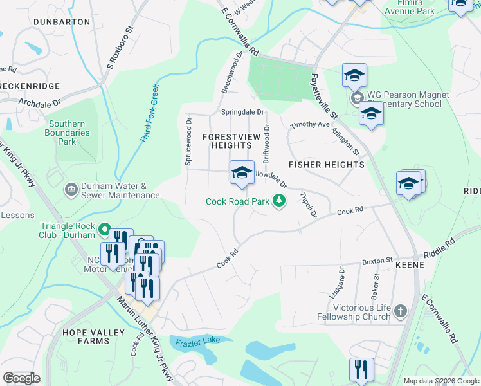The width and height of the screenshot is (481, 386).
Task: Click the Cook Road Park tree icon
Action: click(279, 201)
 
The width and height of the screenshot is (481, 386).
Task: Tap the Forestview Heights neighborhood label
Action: click(227, 141)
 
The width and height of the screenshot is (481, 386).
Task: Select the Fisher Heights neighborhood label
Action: click(326, 165)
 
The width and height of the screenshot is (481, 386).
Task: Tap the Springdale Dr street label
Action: click(243, 112)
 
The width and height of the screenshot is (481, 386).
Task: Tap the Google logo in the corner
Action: click(21, 378)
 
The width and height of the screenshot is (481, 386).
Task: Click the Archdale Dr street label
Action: click(39, 102)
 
